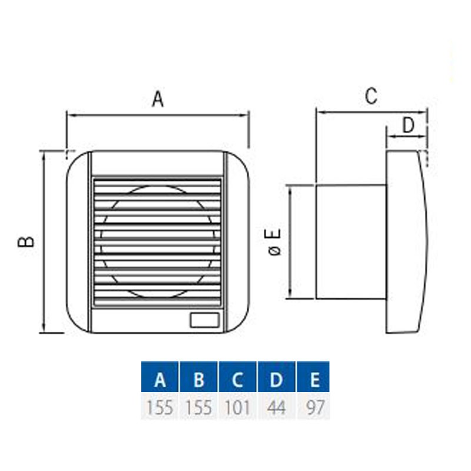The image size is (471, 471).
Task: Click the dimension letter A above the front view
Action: point(158,99)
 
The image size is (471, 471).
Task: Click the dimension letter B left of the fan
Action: point(26,241)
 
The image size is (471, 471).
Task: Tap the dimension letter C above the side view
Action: point(372,96)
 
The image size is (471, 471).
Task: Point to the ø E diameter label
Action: point(274,242)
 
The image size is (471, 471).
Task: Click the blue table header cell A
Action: point(160,377)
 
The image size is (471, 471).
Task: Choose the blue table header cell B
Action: point(198,377)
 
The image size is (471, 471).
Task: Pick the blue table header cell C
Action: point(238,377)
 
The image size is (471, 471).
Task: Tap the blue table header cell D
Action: point(276,377)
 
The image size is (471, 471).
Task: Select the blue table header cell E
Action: point(313,377)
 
